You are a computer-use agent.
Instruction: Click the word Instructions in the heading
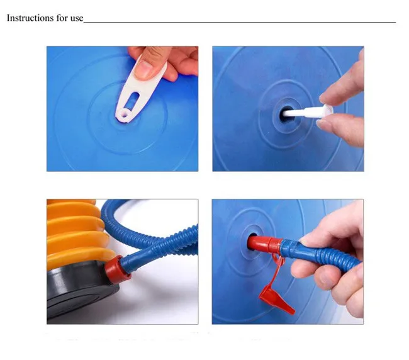27,18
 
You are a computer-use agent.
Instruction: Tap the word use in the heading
76,19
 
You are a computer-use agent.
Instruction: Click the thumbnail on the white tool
143,69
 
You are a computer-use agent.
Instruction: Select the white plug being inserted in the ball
308,111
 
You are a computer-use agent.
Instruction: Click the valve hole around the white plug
286,115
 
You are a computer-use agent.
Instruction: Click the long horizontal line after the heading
240,22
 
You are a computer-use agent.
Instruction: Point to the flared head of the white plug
327,110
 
